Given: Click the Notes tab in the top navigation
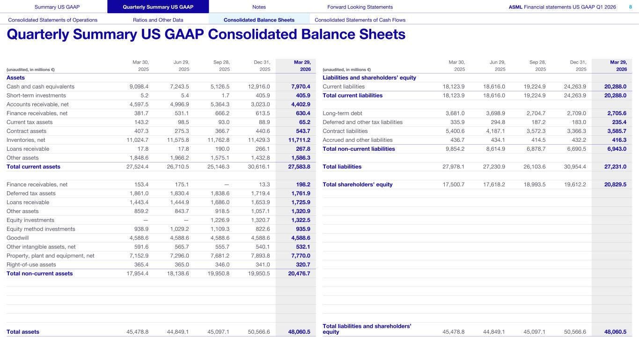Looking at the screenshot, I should [259, 7].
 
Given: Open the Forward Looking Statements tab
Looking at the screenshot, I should [360, 7].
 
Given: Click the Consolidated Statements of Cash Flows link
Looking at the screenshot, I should [360, 20].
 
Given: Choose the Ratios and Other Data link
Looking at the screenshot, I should [158, 20].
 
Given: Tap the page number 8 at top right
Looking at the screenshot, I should [630, 7].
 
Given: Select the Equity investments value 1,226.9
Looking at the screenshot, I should [219, 220].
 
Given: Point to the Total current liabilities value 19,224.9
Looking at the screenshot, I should [535, 96].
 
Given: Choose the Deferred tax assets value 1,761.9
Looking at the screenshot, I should [300, 193].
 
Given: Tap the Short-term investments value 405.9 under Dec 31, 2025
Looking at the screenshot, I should [261, 96].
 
